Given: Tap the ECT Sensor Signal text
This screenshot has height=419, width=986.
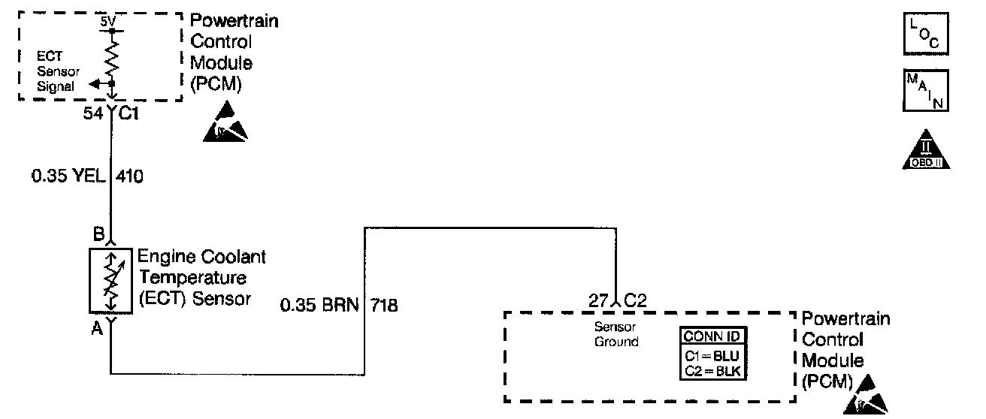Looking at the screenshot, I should click(x=57, y=71).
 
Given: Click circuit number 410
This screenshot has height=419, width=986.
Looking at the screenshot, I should click(x=130, y=178).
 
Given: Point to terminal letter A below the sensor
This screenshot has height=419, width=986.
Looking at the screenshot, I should click(x=97, y=328).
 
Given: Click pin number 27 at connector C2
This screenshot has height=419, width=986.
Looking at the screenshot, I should click(x=599, y=302).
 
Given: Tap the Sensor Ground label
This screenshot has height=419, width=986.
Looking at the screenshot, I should click(x=616, y=335).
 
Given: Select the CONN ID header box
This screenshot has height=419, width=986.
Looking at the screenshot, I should click(x=714, y=336).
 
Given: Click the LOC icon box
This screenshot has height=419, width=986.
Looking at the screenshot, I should click(x=926, y=34).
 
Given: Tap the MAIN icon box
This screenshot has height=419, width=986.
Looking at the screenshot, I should click(x=926, y=90).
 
